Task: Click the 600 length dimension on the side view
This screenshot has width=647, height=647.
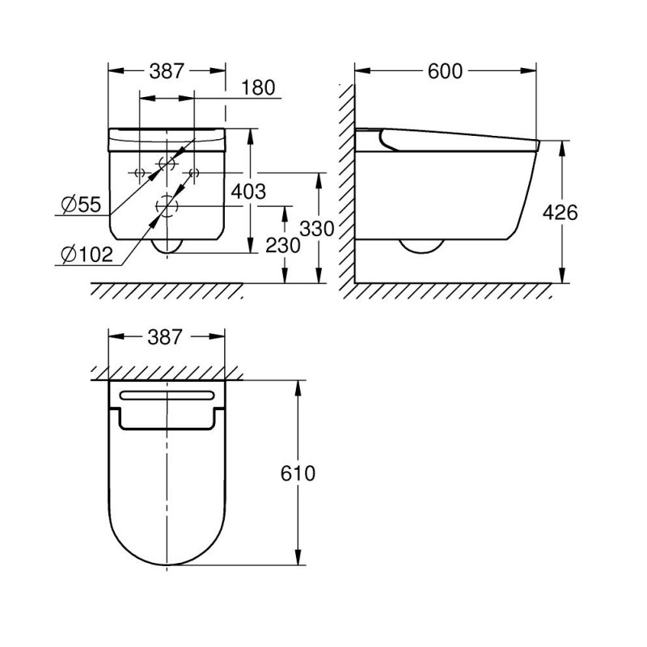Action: (445, 71)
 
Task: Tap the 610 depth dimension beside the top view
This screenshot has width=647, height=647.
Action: (298, 473)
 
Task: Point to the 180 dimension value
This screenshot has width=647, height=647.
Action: (259, 87)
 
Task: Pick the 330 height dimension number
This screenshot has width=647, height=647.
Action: (317, 228)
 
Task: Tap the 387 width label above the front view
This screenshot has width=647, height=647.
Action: (167, 71)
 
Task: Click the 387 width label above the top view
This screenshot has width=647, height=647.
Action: (167, 336)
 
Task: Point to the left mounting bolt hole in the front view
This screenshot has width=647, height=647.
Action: (139, 172)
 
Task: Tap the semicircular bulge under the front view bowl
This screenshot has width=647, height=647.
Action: (167, 246)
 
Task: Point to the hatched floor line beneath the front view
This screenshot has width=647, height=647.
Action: (167, 289)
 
